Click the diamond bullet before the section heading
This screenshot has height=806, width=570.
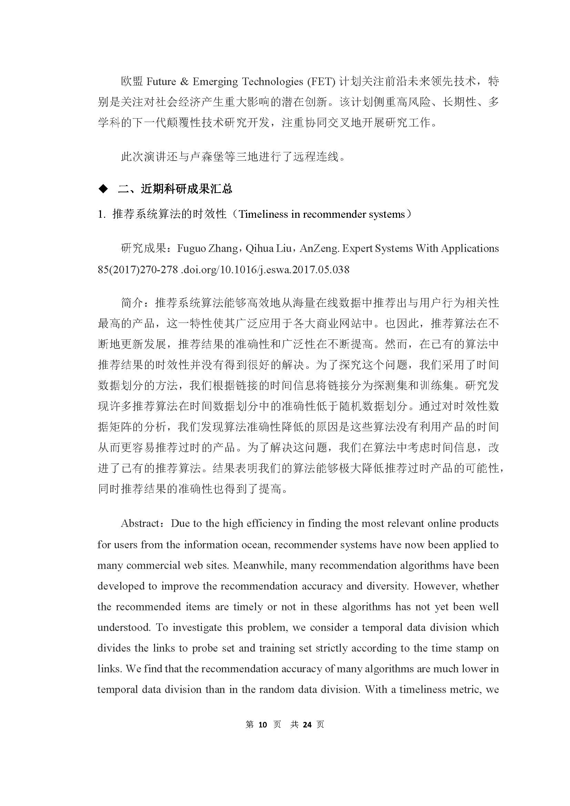click(103, 189)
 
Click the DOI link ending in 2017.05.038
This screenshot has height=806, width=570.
click(265, 269)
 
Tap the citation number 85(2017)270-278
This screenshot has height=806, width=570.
click(138, 269)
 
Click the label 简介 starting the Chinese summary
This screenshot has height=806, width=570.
click(132, 303)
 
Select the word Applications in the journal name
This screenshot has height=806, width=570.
click(470, 248)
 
